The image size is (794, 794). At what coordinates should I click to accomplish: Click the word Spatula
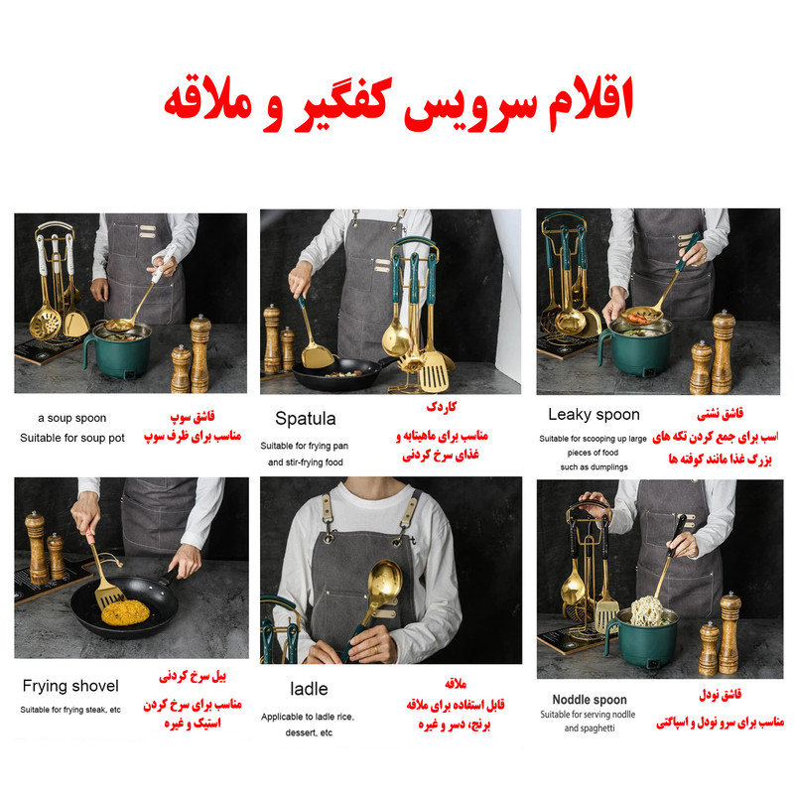306,419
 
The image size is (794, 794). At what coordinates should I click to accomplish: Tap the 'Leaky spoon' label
594,415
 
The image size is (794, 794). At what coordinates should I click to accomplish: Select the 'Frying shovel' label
70,686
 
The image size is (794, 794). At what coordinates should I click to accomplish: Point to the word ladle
309,689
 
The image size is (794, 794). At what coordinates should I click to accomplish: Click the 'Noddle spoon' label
590,700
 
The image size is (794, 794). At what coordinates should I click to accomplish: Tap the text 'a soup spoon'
71,418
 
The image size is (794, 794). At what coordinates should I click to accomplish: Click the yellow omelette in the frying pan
125,611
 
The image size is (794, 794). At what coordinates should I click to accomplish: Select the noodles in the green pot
649,610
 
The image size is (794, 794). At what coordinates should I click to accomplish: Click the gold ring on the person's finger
375,650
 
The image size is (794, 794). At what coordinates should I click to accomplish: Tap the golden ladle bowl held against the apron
385,581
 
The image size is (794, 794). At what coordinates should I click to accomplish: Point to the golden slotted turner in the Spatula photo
435,372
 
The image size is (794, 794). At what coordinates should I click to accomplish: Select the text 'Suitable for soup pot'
71,438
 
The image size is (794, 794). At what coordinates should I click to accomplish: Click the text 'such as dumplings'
594,466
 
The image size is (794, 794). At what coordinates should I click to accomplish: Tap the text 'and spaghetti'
590,728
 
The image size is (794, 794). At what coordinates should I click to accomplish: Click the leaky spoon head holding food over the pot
641,317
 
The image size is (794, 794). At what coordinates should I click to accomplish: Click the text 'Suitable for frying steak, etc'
70,710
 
